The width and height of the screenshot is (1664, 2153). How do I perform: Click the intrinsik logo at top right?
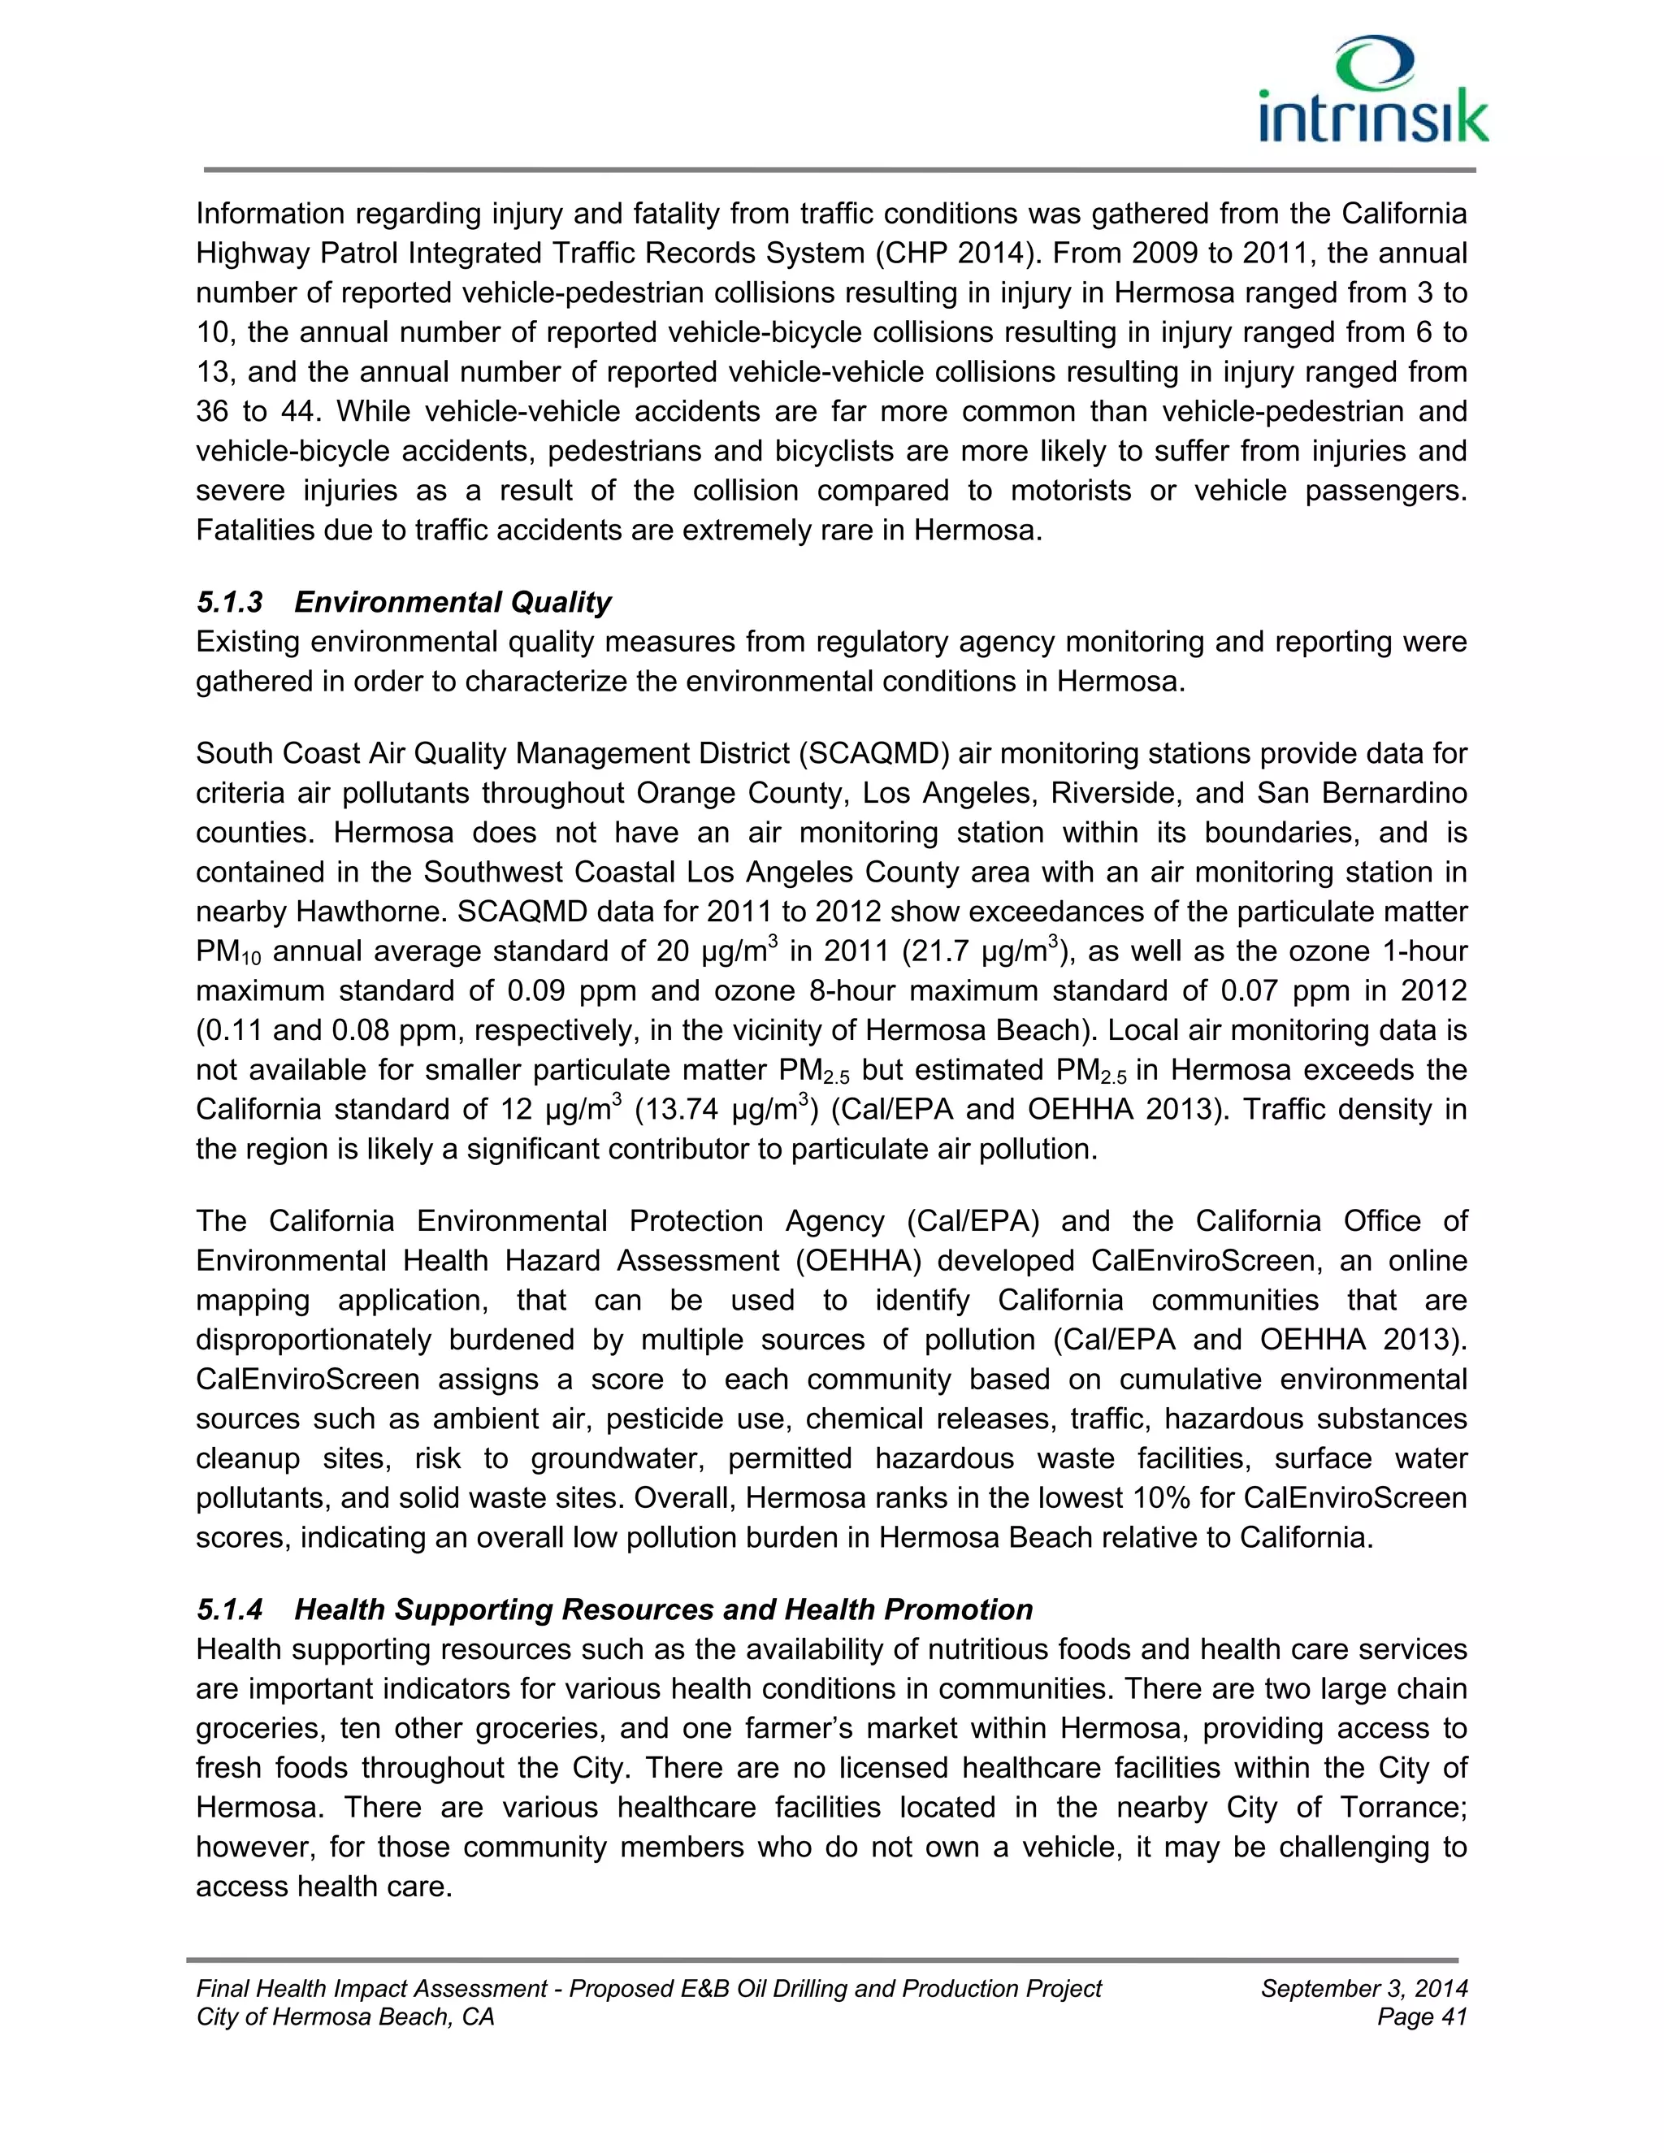coord(1372,91)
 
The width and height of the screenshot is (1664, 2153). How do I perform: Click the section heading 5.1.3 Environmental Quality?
coord(403,601)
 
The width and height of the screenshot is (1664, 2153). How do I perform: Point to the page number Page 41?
coord(1422,2017)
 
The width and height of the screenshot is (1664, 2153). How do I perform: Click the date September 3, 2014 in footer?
coord(1363,1988)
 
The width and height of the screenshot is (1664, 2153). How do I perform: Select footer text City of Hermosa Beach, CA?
coord(345,2017)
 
